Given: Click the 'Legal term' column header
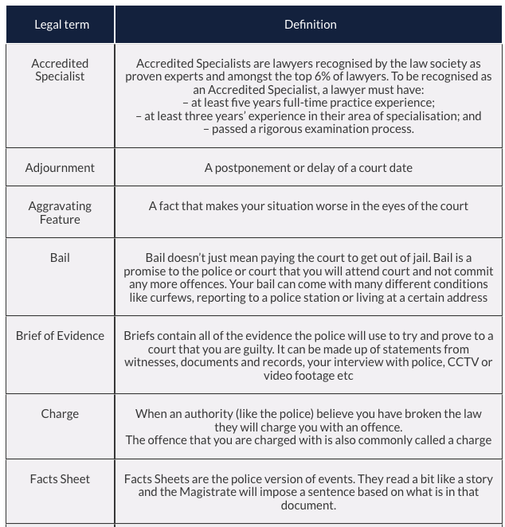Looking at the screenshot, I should tap(61, 25).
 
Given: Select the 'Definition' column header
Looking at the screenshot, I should tap(310, 25).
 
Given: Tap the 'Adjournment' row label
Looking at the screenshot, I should tap(60, 168).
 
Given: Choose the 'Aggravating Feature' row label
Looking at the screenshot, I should tap(60, 213).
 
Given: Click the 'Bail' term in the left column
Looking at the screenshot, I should tap(60, 258).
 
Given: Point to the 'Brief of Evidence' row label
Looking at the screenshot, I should tap(60, 336).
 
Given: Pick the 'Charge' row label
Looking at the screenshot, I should tap(60, 414).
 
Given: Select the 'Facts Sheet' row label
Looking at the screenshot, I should tap(60, 479).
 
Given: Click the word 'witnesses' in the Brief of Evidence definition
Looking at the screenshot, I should tap(151, 362).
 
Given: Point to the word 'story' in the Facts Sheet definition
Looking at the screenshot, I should tap(472, 479).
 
